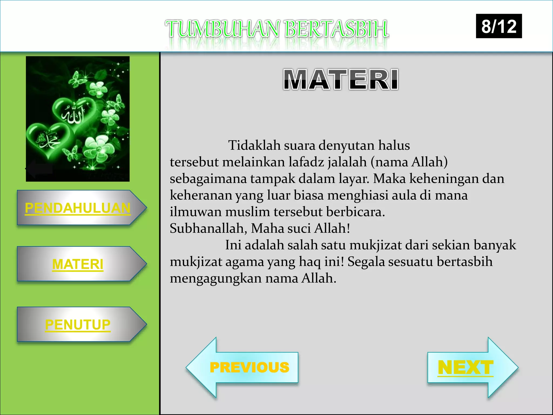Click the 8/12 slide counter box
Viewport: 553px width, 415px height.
[x=499, y=26]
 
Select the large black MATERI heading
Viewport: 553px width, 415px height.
[x=341, y=79]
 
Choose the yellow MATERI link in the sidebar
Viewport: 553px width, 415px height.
[x=78, y=264]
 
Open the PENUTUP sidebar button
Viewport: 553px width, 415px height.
[x=78, y=324]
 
